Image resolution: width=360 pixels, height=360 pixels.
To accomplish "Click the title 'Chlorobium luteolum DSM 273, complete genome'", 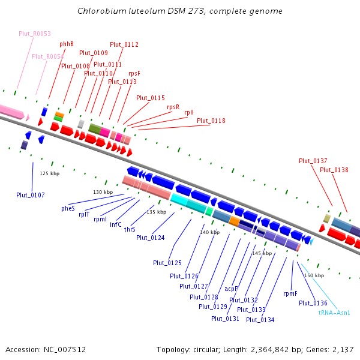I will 180,11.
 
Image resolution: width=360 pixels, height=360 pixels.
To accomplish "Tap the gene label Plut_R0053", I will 35,34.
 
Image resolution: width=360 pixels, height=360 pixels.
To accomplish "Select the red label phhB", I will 67,44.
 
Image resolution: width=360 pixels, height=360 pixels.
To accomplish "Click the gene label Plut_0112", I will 124,44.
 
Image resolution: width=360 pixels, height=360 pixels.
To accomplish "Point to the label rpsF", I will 134,73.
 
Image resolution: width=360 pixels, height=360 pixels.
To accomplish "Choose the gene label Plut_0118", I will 211,121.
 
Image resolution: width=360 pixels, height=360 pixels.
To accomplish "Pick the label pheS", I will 68,208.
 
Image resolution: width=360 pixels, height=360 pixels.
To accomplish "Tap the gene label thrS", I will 130,229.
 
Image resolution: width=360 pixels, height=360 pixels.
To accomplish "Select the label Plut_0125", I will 167,263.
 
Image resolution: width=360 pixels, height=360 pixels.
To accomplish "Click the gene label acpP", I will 232,289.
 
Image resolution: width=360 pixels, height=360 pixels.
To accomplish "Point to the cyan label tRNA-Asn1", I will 334,313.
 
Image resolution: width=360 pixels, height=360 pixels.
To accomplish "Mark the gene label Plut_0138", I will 334,170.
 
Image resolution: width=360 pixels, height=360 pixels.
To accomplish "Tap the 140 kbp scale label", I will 210,232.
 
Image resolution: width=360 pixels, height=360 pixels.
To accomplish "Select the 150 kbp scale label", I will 314,275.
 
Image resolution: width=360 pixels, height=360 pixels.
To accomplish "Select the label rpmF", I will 290,293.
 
